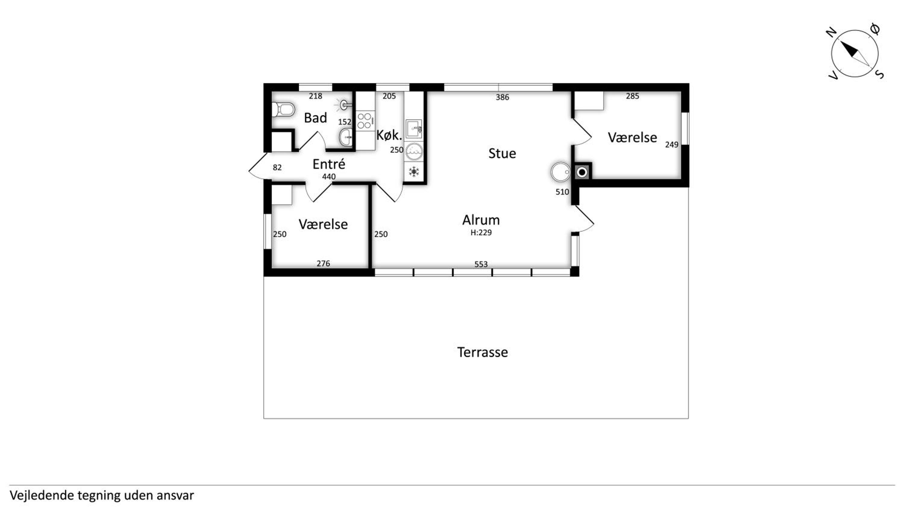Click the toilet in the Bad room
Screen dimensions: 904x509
283,109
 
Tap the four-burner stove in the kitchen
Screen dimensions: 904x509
364,121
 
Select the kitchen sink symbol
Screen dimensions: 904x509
414,129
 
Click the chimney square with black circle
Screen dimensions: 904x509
582,172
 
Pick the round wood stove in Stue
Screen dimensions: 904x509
561,172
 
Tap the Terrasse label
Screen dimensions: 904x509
482,352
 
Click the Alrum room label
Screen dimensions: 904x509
481,220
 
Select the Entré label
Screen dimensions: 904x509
329,164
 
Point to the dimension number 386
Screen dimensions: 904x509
502,97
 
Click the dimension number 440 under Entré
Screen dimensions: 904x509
329,177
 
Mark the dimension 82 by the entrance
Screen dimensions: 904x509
277,168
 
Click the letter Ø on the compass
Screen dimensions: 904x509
876,29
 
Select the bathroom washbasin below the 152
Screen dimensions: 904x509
346,137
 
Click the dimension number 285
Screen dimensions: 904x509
632,96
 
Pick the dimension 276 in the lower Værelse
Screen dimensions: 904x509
323,264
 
